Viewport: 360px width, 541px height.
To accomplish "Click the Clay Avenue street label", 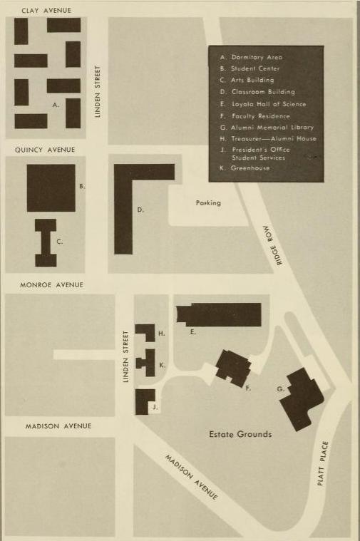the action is point(46,11).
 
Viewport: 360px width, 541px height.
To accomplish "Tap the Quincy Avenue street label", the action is point(45,150).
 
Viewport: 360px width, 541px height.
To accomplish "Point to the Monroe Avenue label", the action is point(52,285).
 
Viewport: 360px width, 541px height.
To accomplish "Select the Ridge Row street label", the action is point(273,245).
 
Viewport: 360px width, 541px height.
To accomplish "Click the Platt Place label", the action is point(322,463).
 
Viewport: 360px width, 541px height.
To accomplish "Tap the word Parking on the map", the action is point(208,203).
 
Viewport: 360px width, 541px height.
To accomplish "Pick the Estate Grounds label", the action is point(240,434).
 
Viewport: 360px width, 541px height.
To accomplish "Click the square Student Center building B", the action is point(51,188).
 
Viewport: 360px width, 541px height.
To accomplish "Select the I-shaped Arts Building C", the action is point(46,242).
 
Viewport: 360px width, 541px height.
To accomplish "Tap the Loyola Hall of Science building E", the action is point(219,314).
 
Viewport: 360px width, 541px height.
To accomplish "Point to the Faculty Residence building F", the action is point(234,369).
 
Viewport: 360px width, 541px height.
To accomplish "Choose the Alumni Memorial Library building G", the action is point(302,399).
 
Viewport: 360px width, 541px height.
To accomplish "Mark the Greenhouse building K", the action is point(146,363).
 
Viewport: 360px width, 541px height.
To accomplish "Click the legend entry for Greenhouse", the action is point(245,168).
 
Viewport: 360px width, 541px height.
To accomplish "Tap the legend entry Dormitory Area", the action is point(251,57).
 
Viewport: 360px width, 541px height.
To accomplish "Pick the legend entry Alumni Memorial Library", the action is point(267,128).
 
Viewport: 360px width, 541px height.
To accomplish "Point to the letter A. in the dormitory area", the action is point(56,105).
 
